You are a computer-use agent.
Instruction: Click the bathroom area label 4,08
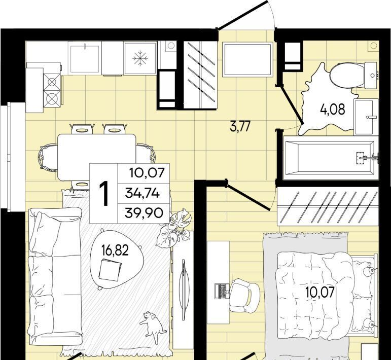point(333,110)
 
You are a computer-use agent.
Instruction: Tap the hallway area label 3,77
point(240,126)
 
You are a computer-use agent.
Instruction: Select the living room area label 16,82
point(115,250)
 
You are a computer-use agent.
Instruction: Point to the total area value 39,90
point(144,213)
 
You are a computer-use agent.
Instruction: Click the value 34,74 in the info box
point(143,193)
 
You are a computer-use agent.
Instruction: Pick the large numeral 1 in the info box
point(104,194)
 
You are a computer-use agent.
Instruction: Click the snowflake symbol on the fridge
point(140,59)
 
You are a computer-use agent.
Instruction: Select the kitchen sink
point(85,59)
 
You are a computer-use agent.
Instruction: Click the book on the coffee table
point(110,270)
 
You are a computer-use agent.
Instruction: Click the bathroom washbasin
point(366,117)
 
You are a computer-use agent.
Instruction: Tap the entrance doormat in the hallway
point(247,60)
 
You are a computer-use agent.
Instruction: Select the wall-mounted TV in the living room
point(184,290)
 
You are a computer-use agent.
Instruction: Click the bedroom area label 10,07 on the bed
point(320,292)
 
